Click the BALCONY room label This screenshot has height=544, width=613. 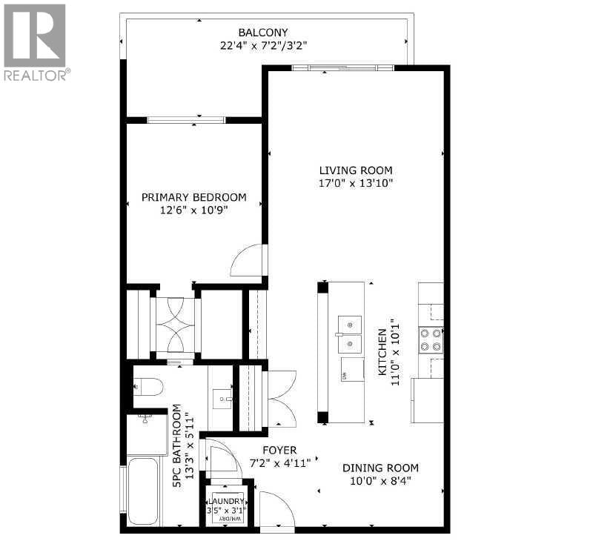pos(262,32)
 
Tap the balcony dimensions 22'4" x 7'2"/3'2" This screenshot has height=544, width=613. pos(262,45)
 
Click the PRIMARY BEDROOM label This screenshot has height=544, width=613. pos(193,197)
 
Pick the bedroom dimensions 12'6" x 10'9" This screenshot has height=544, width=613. pos(193,210)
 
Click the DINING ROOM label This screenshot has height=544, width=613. pos(380,468)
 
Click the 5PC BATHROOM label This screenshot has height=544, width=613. pos(177,445)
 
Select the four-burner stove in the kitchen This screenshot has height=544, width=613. pos(431,339)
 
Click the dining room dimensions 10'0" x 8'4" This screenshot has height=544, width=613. pos(380,481)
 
